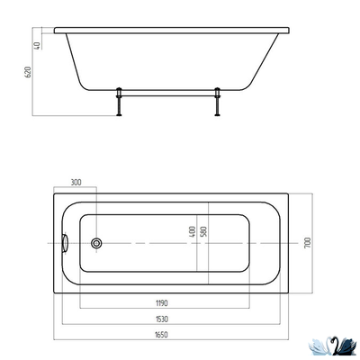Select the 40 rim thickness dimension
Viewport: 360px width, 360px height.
[35, 46]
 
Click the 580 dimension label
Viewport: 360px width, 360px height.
[206, 232]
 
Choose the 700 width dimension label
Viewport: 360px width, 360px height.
[307, 243]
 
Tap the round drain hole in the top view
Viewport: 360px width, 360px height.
[97, 243]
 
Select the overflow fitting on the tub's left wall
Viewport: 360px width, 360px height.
[64, 243]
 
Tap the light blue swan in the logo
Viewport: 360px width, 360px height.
[321, 344]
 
